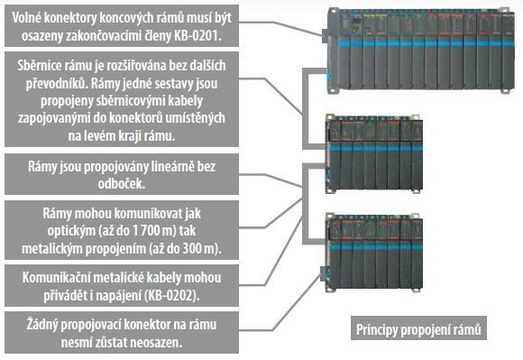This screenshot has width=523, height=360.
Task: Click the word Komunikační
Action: tap(71, 277)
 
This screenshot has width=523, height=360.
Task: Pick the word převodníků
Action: tap(56, 83)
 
